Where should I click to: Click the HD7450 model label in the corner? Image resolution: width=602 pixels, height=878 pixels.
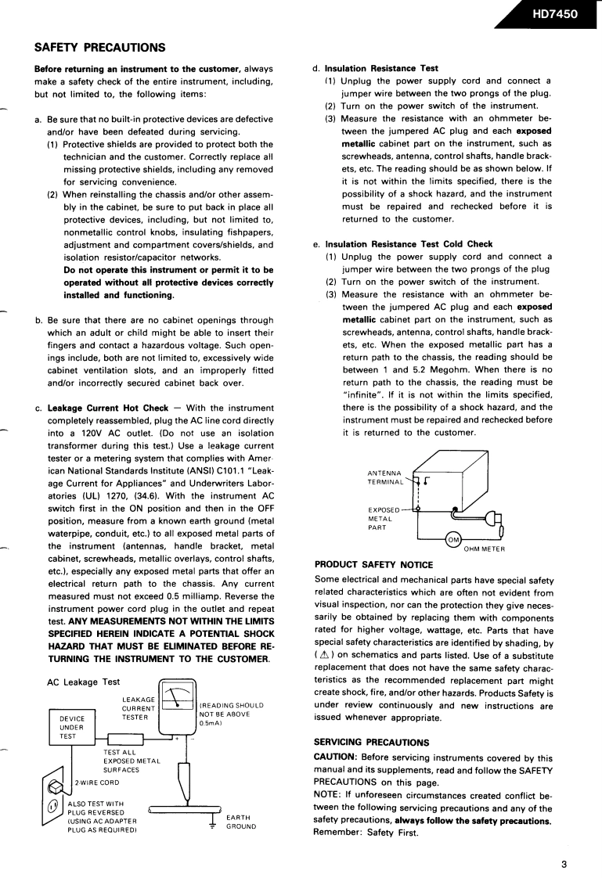[554, 13]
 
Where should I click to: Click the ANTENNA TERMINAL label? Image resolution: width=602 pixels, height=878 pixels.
[388, 477]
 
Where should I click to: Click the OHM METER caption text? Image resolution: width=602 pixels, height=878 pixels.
[484, 549]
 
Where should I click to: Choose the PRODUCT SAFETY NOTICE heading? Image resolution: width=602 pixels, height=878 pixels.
[373, 564]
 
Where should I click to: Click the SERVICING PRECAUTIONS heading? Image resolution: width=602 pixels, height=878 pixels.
[371, 741]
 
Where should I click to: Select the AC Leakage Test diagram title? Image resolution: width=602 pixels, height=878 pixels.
[83, 682]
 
